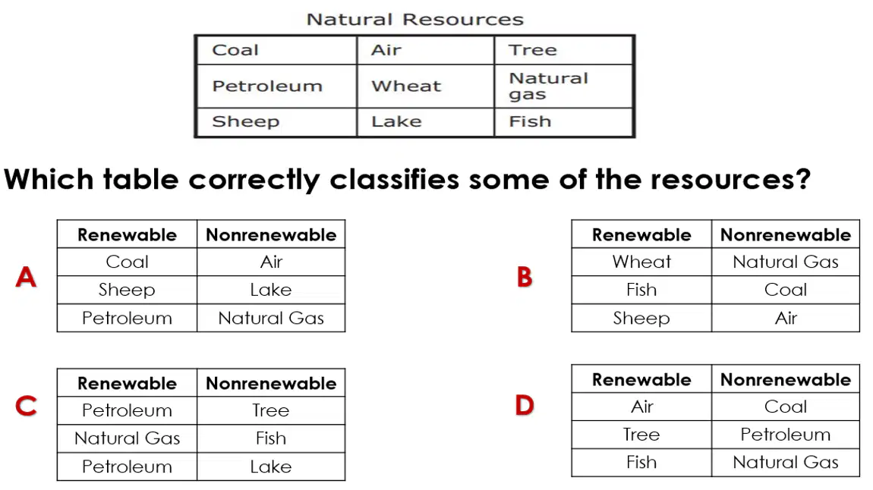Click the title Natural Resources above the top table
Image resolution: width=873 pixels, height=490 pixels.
[x=414, y=20]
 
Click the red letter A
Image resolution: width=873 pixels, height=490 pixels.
[x=26, y=277]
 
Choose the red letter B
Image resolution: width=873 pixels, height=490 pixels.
[x=525, y=277]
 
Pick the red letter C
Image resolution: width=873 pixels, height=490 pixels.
[x=26, y=406]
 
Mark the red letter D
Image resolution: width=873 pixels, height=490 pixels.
[x=525, y=405]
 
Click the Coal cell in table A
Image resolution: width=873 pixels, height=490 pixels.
[x=127, y=262]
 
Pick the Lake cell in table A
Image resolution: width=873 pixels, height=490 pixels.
[x=270, y=289]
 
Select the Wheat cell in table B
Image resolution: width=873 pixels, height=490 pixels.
[x=641, y=262]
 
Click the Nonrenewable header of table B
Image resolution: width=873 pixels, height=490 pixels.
[x=786, y=234]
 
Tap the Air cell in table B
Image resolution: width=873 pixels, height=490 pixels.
[x=786, y=318]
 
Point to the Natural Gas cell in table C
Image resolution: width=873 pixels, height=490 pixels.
[x=127, y=438]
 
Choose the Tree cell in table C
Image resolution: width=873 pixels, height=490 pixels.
[x=270, y=410]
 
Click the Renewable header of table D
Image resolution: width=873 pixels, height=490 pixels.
[x=641, y=380]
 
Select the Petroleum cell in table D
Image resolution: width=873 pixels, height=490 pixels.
[x=786, y=435]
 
